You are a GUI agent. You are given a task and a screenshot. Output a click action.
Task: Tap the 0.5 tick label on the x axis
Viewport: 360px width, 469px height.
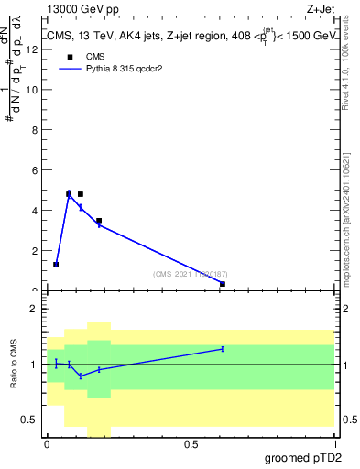[x=191, y=443]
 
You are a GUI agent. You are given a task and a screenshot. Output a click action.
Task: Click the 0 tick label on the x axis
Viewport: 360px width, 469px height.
[x=48, y=443]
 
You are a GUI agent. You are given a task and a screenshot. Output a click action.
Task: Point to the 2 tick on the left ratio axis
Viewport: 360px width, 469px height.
[x=37, y=309]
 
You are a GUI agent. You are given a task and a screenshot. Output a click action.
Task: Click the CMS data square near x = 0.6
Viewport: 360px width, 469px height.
[x=223, y=284]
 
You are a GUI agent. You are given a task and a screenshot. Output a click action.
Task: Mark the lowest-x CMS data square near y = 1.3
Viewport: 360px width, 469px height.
[x=56, y=265]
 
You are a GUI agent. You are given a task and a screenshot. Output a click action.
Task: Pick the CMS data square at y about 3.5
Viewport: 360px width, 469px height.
[x=99, y=221]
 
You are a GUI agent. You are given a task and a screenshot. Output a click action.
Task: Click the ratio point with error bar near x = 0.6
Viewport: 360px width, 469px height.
[x=223, y=349]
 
